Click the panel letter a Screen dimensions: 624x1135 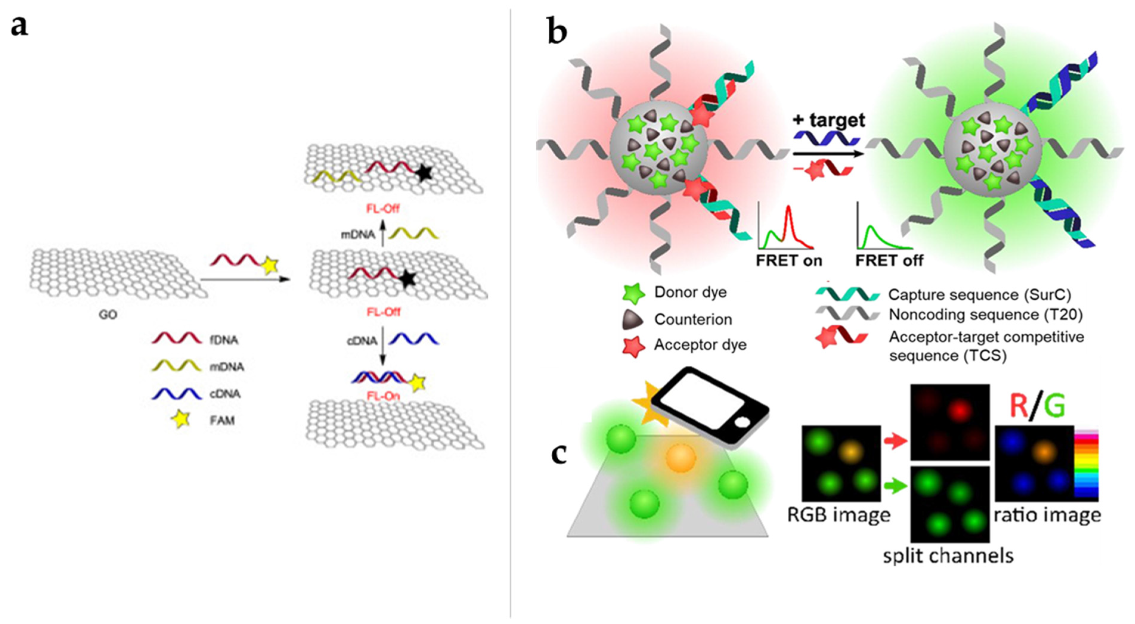coord(19,26)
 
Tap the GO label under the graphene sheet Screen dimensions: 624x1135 coord(108,315)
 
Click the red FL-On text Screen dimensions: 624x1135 coord(383,396)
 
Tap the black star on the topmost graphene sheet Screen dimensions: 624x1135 coord(424,174)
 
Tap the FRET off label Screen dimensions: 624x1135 coord(889,261)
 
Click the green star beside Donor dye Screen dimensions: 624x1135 coord(634,294)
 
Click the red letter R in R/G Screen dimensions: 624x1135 coord(1018,406)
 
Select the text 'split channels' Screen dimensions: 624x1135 coord(948,556)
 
